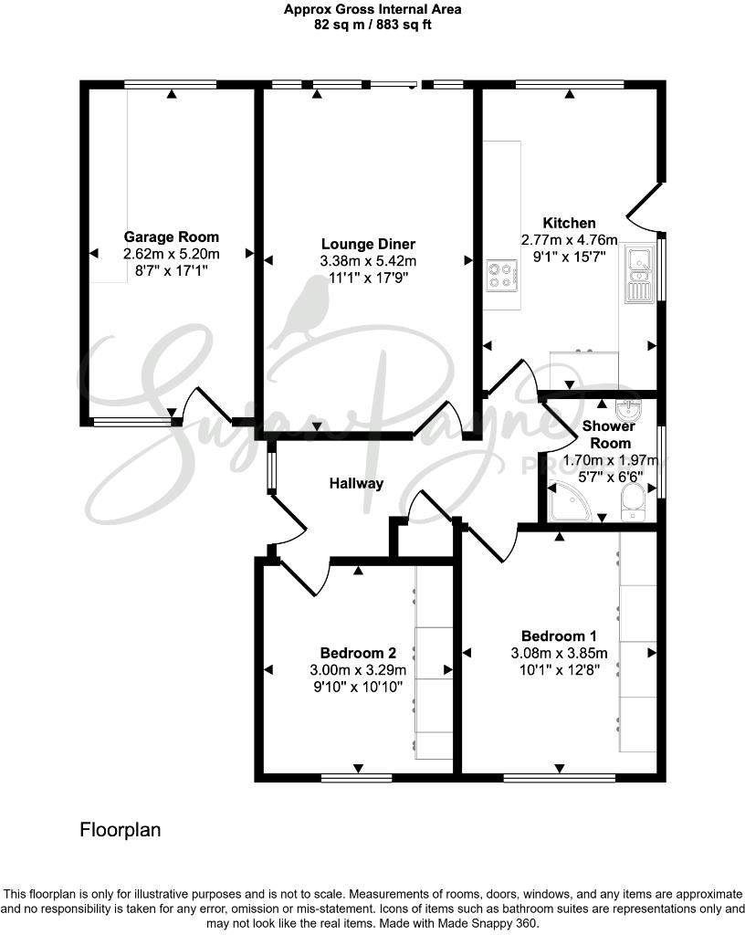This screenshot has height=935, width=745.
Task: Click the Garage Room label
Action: click(172, 236)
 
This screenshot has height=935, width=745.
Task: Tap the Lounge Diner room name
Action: click(368, 244)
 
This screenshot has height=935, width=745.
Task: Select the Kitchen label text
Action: click(569, 223)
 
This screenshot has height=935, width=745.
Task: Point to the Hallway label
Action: click(356, 483)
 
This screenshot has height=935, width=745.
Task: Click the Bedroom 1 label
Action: click(559, 636)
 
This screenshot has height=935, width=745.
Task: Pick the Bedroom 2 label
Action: click(357, 653)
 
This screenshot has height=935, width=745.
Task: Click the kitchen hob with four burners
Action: click(501, 275)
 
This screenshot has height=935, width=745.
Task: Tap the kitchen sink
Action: click(637, 265)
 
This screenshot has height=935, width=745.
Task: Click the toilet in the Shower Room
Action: click(634, 502)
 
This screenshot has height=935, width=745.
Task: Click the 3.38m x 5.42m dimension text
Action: click(368, 261)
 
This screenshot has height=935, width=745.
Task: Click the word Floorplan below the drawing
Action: click(121, 830)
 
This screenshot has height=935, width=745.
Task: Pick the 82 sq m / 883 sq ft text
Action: click(372, 25)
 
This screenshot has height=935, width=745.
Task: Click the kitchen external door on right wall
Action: click(646, 205)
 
